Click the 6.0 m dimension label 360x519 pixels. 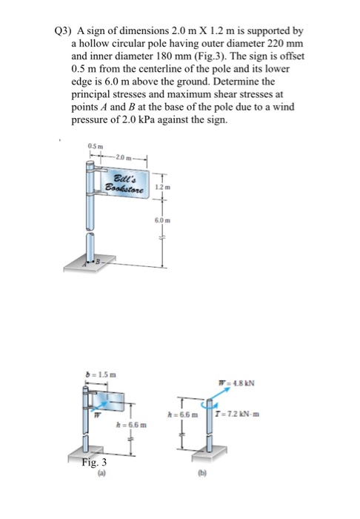(163, 220)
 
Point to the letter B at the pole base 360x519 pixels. (98, 262)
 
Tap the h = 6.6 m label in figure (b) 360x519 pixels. (183, 414)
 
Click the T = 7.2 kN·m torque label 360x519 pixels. (237, 414)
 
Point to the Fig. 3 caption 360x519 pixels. (94, 461)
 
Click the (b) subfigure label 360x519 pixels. (201, 474)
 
